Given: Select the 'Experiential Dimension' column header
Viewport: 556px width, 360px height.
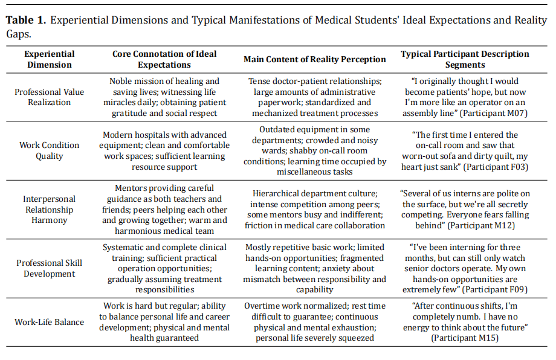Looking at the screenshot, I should click(x=50, y=59).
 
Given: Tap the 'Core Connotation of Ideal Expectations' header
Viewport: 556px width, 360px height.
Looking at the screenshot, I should click(x=164, y=59).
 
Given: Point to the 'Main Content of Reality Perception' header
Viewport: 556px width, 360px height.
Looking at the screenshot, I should click(x=314, y=59).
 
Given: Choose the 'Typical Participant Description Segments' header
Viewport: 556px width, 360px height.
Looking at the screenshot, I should click(x=465, y=59).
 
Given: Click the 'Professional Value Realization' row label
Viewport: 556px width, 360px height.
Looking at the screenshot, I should click(x=50, y=97).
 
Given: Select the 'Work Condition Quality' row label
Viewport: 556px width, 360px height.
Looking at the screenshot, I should click(x=50, y=150).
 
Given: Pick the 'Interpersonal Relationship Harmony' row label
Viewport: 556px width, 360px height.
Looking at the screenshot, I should click(x=50, y=209).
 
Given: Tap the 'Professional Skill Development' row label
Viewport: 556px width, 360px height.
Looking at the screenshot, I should click(x=50, y=268).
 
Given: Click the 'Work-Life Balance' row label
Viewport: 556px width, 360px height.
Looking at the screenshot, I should click(x=50, y=322).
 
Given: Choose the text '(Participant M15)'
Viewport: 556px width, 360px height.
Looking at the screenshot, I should click(x=465, y=338).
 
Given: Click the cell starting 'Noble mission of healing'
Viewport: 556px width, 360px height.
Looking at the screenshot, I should click(x=164, y=97).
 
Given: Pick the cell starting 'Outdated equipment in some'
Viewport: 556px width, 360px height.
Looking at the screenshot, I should click(x=314, y=150).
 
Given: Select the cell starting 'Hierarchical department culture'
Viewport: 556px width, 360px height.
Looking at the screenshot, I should click(x=314, y=209).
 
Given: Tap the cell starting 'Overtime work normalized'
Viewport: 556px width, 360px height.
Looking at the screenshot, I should click(x=314, y=322).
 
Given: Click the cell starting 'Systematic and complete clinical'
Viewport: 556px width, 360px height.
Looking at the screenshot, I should click(x=164, y=268).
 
